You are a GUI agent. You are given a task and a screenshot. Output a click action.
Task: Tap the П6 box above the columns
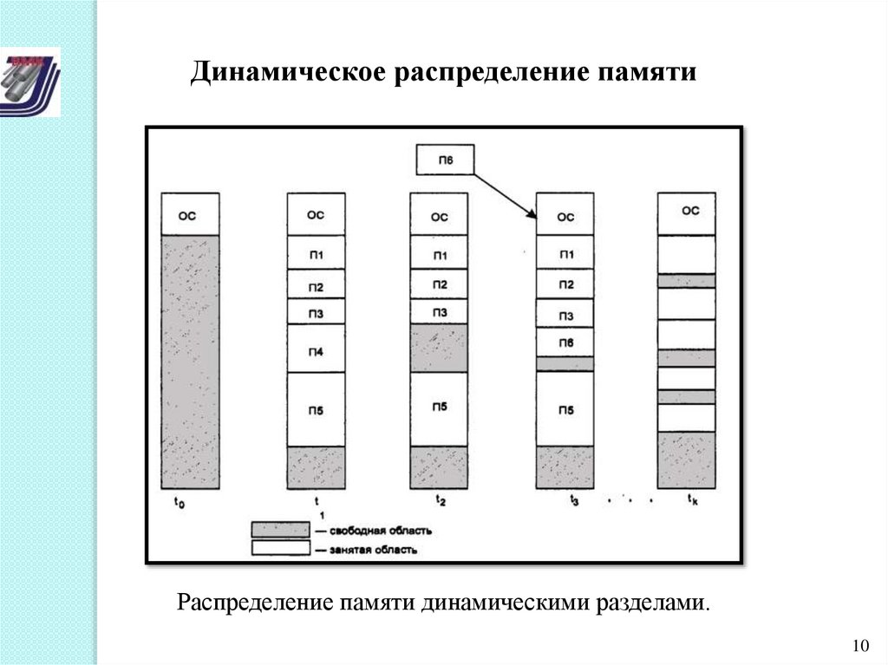click(446, 159)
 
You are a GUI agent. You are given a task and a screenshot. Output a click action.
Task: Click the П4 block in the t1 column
click(316, 349)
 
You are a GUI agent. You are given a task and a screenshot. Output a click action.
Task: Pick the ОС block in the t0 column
click(189, 214)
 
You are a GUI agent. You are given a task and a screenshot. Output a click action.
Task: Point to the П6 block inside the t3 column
click(565, 342)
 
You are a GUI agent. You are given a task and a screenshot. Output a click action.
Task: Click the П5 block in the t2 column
click(440, 408)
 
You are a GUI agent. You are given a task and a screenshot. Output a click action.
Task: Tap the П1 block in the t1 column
click(316, 253)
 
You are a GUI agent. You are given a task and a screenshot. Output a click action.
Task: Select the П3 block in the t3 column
click(565, 314)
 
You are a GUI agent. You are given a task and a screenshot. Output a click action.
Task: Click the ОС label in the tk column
click(689, 211)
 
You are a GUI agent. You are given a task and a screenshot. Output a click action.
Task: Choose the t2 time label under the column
click(441, 501)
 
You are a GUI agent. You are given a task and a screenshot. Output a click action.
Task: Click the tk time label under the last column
click(692, 499)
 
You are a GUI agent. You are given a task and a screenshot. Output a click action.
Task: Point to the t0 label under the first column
click(179, 502)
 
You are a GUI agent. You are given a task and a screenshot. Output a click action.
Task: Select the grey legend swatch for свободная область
click(280, 530)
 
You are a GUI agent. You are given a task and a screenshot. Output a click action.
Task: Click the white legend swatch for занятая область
click(280, 548)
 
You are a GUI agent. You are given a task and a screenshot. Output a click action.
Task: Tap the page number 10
click(860, 646)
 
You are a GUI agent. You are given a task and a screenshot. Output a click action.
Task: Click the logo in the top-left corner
click(30, 82)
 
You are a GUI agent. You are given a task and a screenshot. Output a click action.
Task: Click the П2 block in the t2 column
click(440, 285)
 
